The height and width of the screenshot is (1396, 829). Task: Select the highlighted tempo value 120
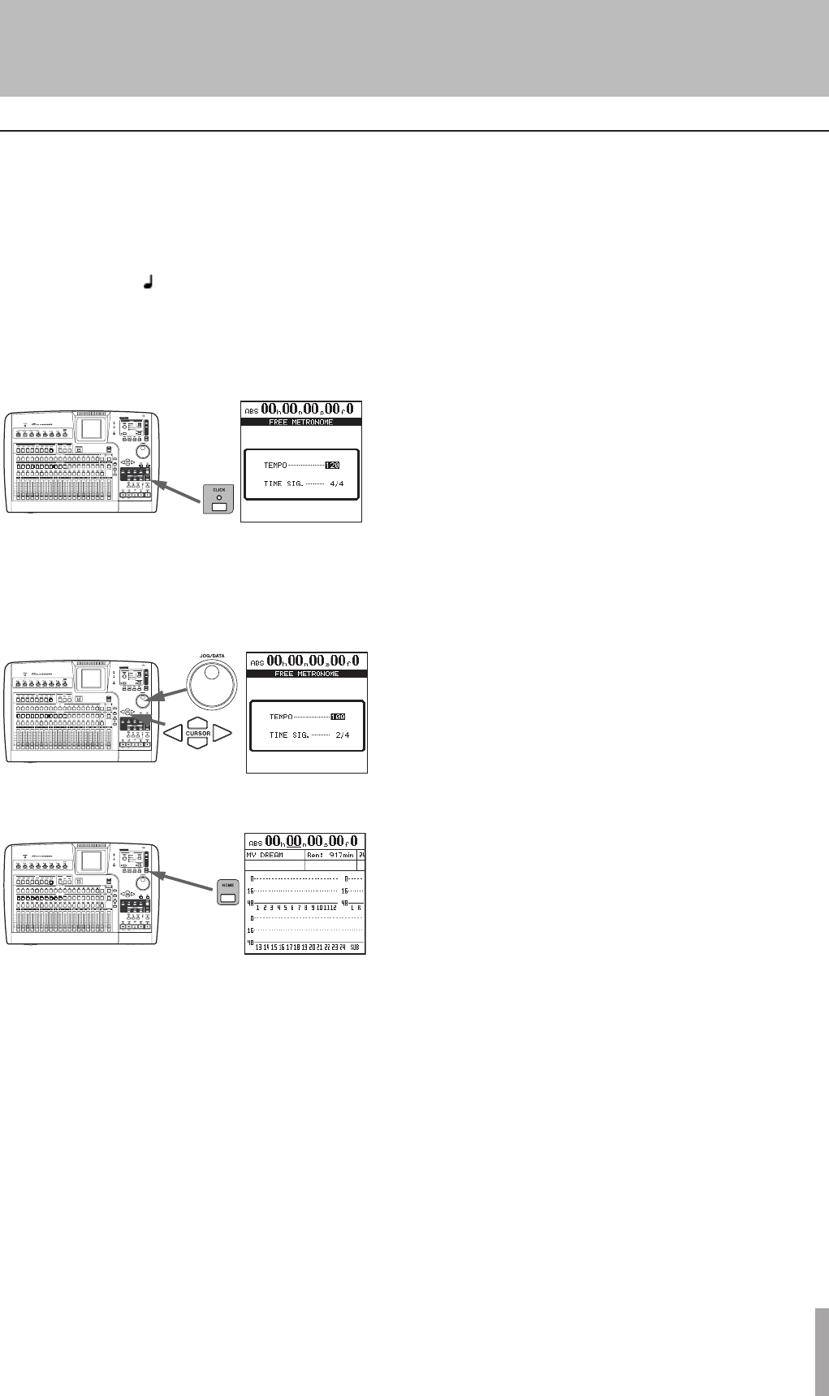tap(332, 466)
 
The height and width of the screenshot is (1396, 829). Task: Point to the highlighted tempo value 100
tap(338, 717)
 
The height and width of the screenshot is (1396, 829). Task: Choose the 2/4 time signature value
tap(342, 735)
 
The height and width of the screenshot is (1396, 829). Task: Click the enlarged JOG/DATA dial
tap(212, 674)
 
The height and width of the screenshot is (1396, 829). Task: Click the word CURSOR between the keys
tap(198, 734)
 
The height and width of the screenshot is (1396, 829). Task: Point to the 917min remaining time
tap(335, 855)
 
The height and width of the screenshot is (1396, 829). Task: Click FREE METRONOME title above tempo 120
tap(300, 423)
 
